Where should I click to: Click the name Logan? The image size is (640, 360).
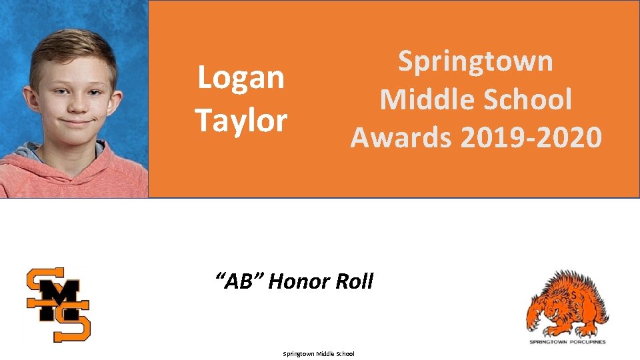coord(241,79)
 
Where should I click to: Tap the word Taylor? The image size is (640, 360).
coord(241,121)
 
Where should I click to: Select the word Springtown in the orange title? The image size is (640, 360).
coord(475,61)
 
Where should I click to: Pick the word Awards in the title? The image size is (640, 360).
coord(401,137)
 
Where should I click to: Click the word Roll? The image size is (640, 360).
coord(354,281)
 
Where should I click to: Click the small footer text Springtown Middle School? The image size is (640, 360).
coord(319,354)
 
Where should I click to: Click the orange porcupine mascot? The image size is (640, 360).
coord(567,303)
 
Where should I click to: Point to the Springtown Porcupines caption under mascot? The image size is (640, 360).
coord(568,342)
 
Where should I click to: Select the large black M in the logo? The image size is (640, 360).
coord(59,301)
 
